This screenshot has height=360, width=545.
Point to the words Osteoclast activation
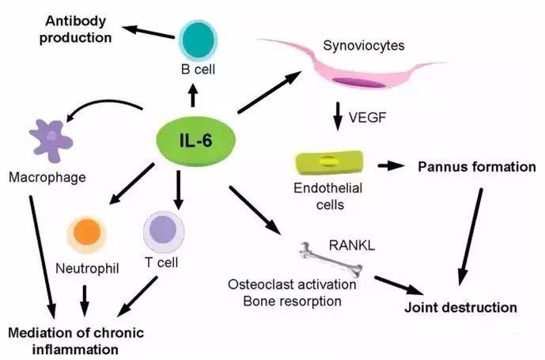(x=292, y=284)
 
